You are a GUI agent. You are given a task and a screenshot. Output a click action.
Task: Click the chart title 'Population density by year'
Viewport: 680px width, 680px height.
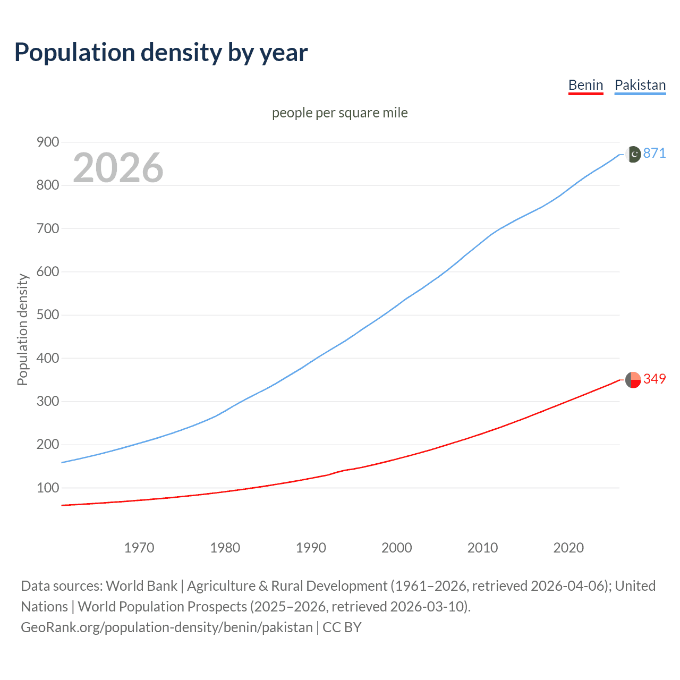pos(161,53)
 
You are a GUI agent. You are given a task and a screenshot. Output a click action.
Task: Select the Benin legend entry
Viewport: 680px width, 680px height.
pos(585,85)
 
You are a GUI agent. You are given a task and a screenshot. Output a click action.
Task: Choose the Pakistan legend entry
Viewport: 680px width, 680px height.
pos(640,85)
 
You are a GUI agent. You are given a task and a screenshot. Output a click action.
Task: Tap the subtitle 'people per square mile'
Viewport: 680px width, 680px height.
pos(339,113)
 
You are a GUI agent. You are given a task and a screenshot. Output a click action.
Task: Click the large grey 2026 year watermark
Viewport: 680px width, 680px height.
pos(118,168)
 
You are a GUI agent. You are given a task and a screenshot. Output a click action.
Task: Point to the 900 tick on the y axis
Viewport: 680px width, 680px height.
pos(47,142)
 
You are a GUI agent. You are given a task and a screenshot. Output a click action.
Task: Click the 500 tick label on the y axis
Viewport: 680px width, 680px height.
pos(47,314)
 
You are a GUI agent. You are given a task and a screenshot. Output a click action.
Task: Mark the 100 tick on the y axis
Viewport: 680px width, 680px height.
pos(47,488)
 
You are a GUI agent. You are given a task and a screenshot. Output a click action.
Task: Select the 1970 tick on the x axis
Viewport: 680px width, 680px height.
pos(139,548)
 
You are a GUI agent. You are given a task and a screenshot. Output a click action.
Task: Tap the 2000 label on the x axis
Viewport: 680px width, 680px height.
pos(396,548)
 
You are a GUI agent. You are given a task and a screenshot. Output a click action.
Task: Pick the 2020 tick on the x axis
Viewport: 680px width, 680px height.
pos(568,548)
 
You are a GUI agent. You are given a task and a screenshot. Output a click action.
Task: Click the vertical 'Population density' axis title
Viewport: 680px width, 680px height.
pos(22,329)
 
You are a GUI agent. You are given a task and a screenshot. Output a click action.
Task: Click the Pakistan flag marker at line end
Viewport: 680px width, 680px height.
pos(633,154)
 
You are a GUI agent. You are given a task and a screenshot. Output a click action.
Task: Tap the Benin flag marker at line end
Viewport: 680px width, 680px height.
pos(633,380)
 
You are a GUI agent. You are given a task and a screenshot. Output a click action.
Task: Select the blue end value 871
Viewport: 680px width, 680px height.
pos(654,153)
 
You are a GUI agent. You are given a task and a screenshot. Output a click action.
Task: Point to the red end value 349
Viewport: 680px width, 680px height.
pos(654,379)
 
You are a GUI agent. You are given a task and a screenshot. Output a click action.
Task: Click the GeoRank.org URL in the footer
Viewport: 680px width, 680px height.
pos(166,627)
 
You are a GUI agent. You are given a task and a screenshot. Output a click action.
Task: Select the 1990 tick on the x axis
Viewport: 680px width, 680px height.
pos(311,548)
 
